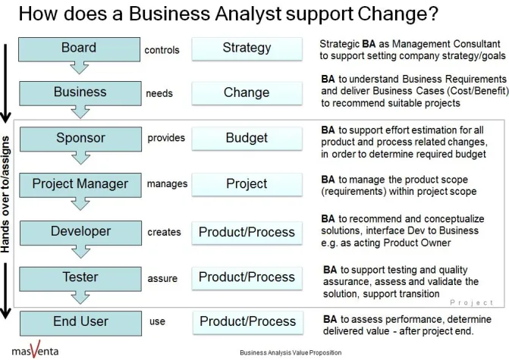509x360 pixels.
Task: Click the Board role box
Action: coord(79,49)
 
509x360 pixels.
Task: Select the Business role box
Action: coord(79,92)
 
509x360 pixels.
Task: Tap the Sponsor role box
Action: coord(79,139)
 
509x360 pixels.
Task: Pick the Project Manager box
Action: coord(79,183)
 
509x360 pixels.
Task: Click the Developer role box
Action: coord(79,231)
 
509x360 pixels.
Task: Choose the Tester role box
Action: coord(79,277)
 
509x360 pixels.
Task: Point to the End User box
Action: coord(79,321)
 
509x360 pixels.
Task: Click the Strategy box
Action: coord(247,49)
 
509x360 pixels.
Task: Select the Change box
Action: coord(247,93)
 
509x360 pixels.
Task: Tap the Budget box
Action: coord(247,139)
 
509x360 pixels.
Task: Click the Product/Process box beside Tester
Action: coord(247,277)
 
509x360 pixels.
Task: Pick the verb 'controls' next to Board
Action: coord(162,51)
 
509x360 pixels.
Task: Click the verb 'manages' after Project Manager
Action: coord(166,184)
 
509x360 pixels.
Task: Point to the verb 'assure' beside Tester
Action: coord(162,278)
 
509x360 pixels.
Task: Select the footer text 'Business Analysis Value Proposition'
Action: coord(290,353)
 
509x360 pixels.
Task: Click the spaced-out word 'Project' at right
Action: coord(471,303)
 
